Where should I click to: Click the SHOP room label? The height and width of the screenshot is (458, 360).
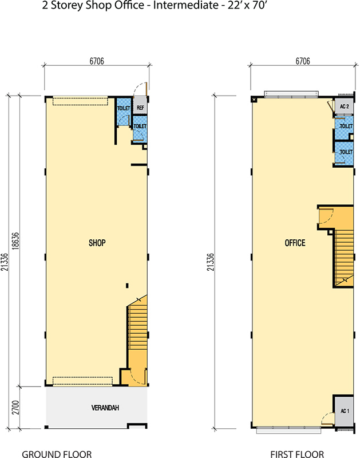97,243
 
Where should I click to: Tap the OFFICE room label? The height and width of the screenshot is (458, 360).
295,243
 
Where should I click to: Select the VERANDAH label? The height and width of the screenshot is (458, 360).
105,408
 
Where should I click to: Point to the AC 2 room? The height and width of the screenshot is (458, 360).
344,107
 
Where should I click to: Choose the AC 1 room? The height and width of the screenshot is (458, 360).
344,411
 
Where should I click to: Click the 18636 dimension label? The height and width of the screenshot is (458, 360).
15,241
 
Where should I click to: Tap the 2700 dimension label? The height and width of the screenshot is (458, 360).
15,408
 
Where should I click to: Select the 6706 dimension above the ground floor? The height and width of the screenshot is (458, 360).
97,61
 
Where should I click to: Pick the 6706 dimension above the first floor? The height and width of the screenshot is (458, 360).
303,61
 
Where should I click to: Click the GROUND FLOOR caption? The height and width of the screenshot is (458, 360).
57,454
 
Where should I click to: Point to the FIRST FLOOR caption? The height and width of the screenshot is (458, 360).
297,454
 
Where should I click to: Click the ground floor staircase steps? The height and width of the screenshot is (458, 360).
137,327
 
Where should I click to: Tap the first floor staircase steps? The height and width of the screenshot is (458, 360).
343,257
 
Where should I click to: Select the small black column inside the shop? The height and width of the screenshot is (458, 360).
127,285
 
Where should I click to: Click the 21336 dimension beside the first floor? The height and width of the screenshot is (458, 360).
211,262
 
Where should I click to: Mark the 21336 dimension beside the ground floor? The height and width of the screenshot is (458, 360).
5,262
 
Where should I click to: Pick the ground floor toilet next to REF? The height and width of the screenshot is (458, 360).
124,112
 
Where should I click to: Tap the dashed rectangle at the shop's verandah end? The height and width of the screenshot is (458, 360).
82,381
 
